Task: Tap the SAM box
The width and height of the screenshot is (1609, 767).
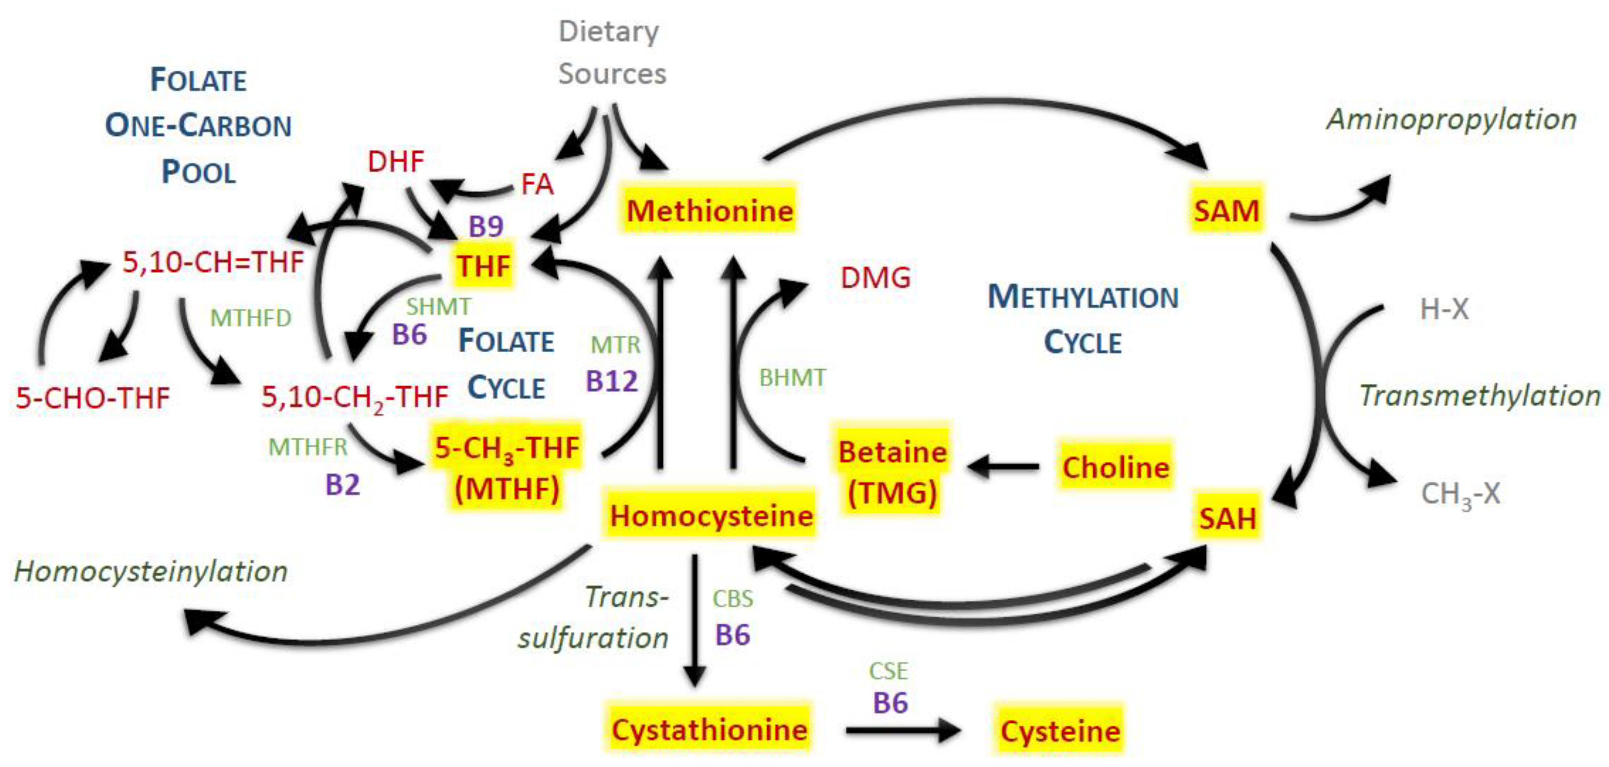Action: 1226,210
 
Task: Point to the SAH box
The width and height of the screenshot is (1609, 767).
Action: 1227,517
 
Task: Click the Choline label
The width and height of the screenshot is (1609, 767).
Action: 1116,466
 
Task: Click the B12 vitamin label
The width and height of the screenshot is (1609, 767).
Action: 611,381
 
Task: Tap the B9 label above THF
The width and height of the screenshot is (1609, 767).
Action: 486,226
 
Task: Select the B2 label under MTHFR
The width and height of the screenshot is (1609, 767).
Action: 342,484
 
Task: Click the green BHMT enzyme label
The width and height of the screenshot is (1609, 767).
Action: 792,378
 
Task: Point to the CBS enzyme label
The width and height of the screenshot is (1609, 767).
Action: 733,599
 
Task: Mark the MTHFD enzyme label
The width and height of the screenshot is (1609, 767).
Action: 250,318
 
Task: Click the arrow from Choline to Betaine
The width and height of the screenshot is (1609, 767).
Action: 1003,466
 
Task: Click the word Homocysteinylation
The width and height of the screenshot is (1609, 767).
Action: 151,571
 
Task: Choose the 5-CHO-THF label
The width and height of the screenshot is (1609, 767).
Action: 92,398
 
